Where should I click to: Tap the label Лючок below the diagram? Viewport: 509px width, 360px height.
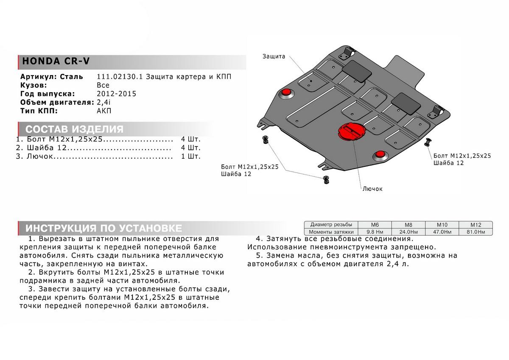pos(372,188)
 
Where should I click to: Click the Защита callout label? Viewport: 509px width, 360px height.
pos(274,56)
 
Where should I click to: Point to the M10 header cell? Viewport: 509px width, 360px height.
pos(442,225)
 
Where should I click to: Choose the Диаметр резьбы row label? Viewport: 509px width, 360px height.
pos(330,225)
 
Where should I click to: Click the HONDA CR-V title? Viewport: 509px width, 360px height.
pos(56,61)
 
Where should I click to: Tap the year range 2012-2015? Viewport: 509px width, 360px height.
pos(116,94)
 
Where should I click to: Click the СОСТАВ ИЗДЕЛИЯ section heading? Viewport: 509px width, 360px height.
pos(74,129)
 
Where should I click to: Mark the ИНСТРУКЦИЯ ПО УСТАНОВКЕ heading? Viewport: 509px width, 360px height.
pos(103,228)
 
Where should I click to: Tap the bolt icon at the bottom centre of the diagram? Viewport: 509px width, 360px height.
pos(326,179)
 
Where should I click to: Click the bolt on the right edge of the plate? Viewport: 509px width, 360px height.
pos(428,142)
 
